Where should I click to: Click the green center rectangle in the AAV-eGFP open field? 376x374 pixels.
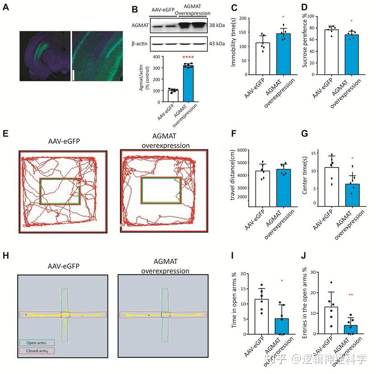click(60, 191)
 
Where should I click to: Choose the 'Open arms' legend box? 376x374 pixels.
click(37, 343)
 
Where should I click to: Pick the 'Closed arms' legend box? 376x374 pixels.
click(37, 350)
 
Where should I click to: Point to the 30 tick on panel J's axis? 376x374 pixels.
click(318, 273)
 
